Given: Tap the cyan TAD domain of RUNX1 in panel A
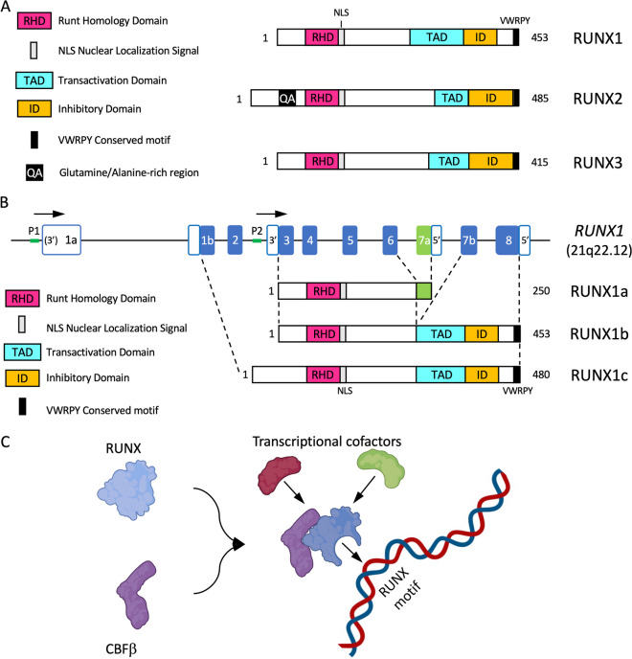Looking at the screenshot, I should coord(437,37).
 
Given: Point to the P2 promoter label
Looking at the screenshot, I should coord(256,230).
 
